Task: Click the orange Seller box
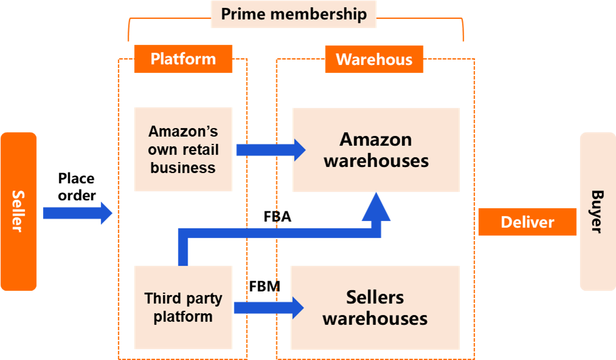click(18, 211)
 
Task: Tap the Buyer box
click(598, 211)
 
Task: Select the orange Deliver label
click(527, 222)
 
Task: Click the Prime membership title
click(293, 14)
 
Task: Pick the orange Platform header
click(183, 59)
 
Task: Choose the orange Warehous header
click(374, 59)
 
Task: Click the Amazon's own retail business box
click(183, 149)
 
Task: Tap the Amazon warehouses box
click(376, 150)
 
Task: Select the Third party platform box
click(183, 307)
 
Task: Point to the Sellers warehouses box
click(375, 308)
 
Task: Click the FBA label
click(278, 217)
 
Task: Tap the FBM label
click(265, 286)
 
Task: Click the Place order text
click(77, 187)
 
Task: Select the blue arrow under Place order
click(78, 213)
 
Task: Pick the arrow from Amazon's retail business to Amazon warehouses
click(271, 150)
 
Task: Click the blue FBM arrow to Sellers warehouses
click(269, 308)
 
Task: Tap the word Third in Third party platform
click(159, 298)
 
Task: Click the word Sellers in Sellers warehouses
click(375, 297)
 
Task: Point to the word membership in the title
click(318, 14)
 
